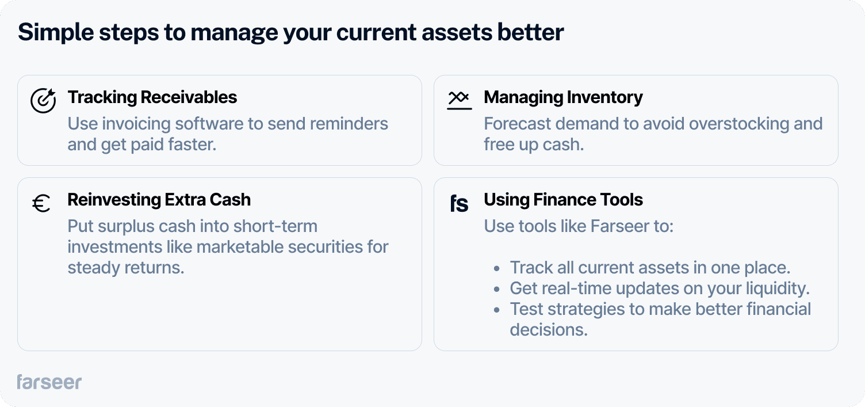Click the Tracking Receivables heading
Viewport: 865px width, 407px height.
(152, 97)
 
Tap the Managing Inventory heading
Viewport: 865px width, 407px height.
(563, 98)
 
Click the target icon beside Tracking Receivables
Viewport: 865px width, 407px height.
(43, 101)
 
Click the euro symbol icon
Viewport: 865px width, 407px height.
(41, 203)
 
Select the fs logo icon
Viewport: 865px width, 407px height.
(459, 203)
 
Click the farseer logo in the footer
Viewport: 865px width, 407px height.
(49, 382)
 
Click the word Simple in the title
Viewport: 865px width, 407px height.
(56, 32)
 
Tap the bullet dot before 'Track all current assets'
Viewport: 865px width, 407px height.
(496, 268)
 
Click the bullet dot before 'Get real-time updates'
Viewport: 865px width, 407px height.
(496, 289)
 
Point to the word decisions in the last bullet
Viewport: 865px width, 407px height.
(549, 330)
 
